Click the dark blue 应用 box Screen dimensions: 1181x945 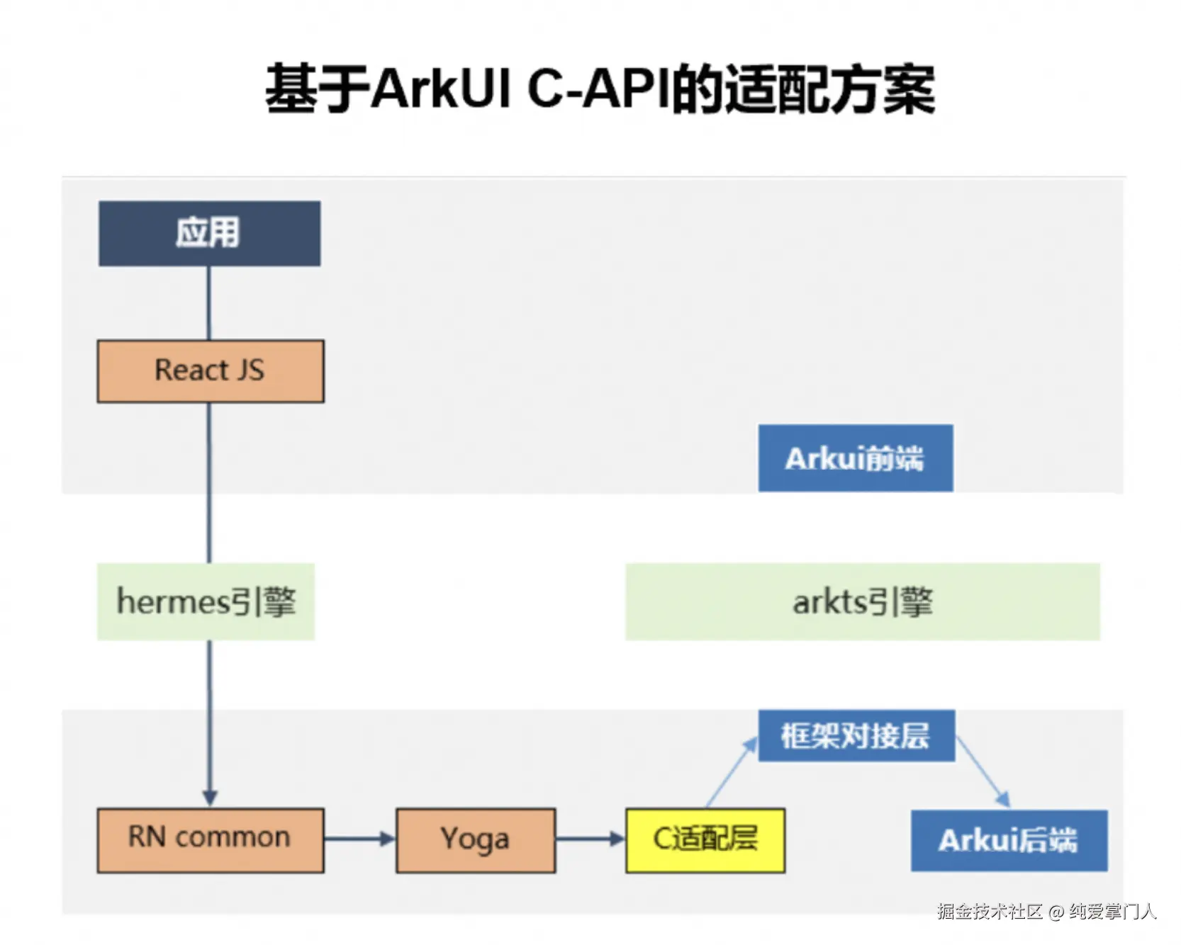coord(209,233)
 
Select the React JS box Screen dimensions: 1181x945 coord(211,371)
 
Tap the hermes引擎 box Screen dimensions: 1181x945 coord(206,601)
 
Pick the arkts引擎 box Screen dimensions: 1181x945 coord(863,601)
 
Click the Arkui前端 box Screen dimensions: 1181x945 coord(856,458)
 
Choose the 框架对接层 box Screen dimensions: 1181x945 coord(856,736)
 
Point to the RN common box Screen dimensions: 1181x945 coord(211,840)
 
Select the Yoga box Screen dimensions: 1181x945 coord(476,840)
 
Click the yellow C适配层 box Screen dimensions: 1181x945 coord(705,840)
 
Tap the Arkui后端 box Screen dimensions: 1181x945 coord(1009,841)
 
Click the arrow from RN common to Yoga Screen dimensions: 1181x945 coord(359,839)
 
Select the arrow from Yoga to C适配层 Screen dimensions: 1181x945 coord(590,839)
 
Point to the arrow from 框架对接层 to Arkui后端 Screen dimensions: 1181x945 coord(983,772)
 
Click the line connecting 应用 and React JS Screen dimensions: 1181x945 coord(209,303)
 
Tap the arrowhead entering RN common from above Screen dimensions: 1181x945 coord(210,798)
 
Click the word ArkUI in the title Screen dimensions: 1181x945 coord(441,89)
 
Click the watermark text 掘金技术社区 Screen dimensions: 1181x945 coord(990,912)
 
